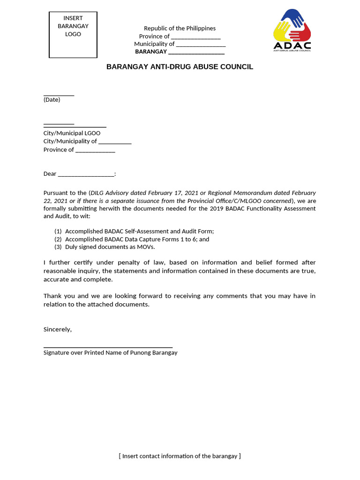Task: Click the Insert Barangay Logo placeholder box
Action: point(73,35)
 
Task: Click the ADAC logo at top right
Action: point(292,30)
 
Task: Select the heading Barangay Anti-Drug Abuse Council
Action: point(180,67)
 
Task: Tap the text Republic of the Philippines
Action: point(180,29)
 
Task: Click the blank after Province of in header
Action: point(195,37)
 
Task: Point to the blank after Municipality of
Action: point(201,45)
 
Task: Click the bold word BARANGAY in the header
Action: point(151,52)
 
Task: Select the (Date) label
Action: point(52,100)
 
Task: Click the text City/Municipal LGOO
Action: point(72,133)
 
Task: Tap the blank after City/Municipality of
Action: point(115,142)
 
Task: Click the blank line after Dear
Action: point(86,174)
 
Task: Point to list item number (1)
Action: point(58,231)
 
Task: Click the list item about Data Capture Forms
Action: point(137,239)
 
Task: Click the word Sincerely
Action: point(57,329)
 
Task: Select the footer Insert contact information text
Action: point(180,456)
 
